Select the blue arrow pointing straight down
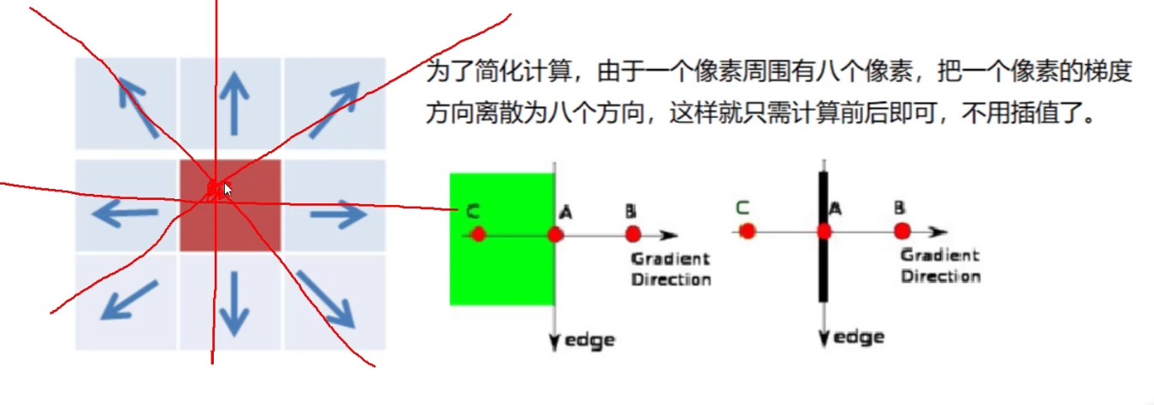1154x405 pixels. tap(231, 302)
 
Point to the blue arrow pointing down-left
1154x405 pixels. tap(129, 300)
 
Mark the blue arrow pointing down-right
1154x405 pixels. tap(324, 298)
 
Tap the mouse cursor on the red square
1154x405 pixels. tap(228, 189)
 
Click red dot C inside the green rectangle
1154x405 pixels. tap(478, 234)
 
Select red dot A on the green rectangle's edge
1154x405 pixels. tap(555, 234)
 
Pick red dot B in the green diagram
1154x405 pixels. tap(633, 234)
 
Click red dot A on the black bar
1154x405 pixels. tap(824, 231)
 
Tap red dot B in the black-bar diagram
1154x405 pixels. tap(902, 231)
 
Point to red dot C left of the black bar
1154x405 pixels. tap(747, 231)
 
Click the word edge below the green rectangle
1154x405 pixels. tap(590, 340)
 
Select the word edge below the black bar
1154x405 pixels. tap(859, 337)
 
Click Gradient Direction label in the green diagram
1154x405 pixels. tap(671, 269)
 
